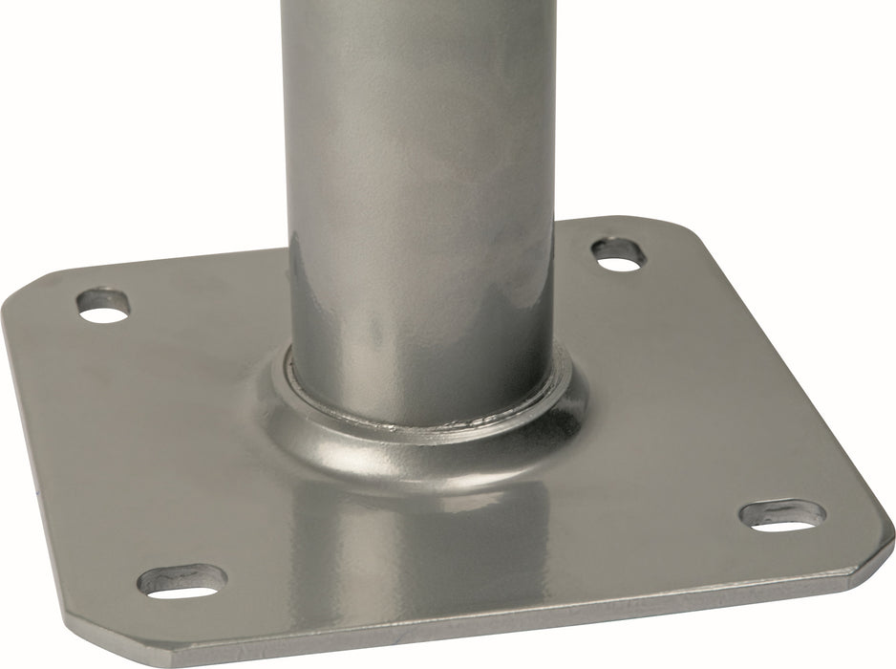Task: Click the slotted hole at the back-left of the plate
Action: [x=102, y=305]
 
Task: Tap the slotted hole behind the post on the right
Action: [x=618, y=253]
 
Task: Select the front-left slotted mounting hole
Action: [x=182, y=580]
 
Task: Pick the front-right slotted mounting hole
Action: [x=782, y=514]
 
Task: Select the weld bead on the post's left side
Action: [x=287, y=382]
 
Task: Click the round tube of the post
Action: [x=420, y=191]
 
